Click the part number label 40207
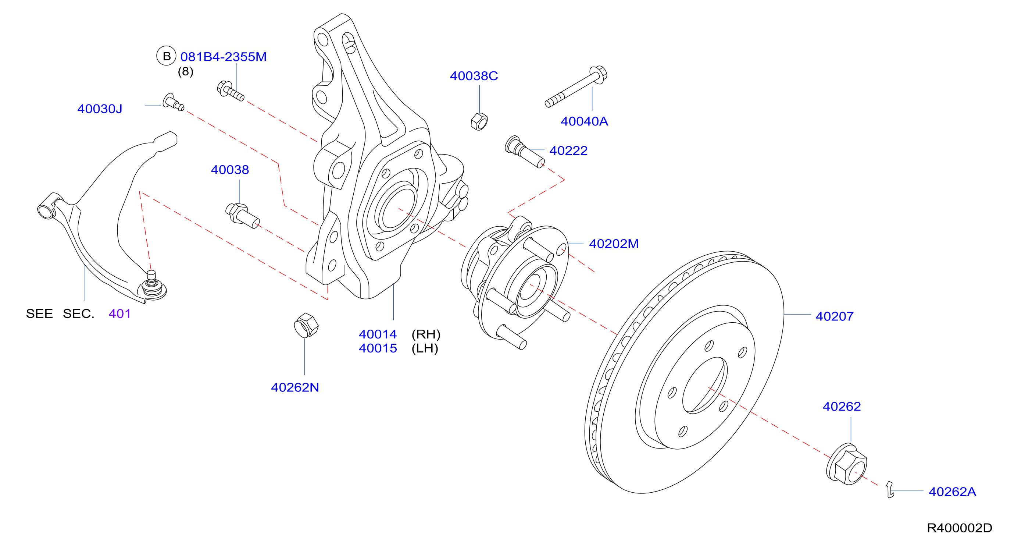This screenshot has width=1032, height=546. pyautogui.click(x=835, y=316)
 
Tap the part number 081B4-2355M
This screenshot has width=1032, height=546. pyautogui.click(x=224, y=57)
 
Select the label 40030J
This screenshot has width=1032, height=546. pyautogui.click(x=100, y=109)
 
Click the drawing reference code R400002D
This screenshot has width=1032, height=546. pyautogui.click(x=960, y=528)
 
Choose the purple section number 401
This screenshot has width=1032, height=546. pyautogui.click(x=120, y=313)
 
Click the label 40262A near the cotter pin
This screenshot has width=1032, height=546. pyautogui.click(x=952, y=492)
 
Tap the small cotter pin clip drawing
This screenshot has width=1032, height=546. pyautogui.click(x=890, y=489)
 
